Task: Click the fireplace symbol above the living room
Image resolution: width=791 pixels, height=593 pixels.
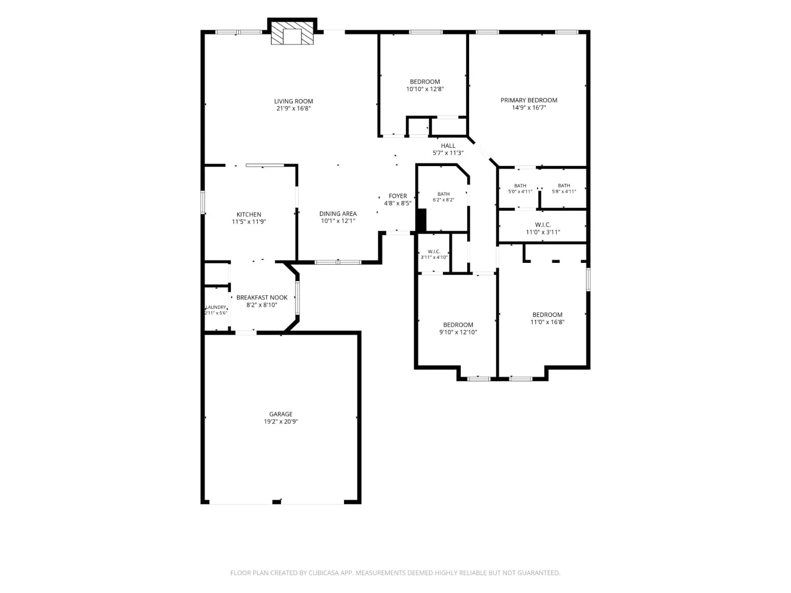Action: [292, 33]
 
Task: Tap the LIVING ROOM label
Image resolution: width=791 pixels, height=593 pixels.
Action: [293, 101]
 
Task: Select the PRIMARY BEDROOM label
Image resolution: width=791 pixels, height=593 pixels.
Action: [528, 100]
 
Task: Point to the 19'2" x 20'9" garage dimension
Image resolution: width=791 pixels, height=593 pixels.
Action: [281, 421]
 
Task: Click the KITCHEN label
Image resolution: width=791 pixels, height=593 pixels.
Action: [249, 214]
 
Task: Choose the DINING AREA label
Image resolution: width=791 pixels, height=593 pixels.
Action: [338, 213]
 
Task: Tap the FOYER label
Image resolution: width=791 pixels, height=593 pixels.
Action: [397, 196]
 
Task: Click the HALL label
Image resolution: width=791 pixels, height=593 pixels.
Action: [448, 145]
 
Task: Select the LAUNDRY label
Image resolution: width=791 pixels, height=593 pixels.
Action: [216, 307]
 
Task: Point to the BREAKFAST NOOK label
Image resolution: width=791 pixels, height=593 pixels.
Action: [262, 297]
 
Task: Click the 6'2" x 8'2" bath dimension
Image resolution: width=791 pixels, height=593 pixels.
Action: [443, 200]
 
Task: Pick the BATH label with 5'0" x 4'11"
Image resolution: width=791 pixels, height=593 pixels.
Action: [520, 185]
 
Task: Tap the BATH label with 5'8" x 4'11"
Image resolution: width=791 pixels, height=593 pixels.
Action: [564, 185]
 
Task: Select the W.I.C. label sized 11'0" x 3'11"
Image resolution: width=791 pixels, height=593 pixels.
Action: [543, 225]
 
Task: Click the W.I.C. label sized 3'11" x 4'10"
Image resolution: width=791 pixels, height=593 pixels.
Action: [434, 252]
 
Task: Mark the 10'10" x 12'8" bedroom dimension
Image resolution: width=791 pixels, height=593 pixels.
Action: [425, 89]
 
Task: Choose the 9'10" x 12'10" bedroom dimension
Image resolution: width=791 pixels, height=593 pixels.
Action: [458, 332]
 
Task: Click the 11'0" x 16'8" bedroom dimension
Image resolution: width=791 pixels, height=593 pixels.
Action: [547, 322]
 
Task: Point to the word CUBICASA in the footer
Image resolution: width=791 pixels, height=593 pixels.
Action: [324, 573]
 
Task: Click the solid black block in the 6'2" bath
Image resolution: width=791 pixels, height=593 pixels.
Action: [421, 220]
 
